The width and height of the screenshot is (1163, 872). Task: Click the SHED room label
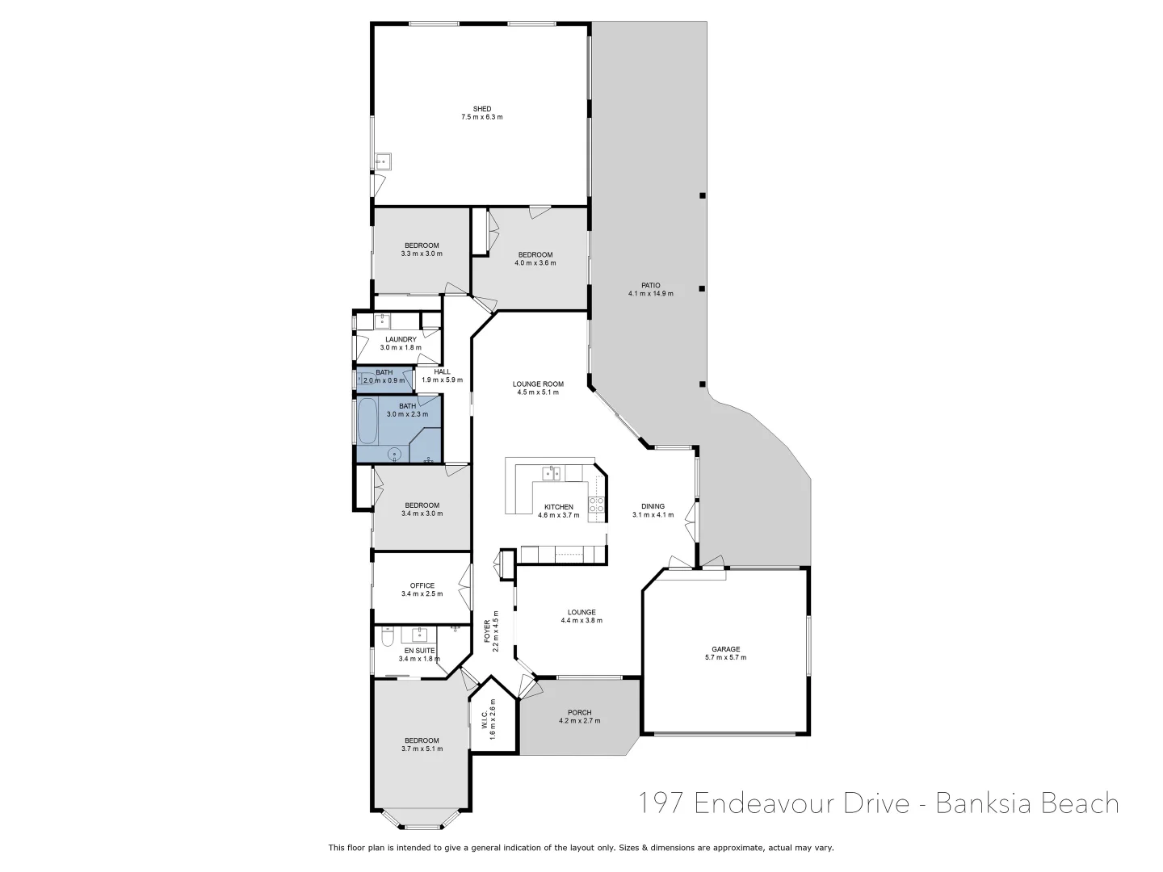pyautogui.click(x=481, y=109)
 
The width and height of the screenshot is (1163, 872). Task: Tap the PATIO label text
pyautogui.click(x=651, y=285)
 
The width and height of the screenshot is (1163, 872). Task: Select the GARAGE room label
pyautogui.click(x=725, y=649)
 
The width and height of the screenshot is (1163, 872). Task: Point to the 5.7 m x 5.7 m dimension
pyautogui.click(x=725, y=658)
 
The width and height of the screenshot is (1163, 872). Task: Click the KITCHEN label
pyautogui.click(x=558, y=507)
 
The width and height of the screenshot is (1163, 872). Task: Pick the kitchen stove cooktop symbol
pyautogui.click(x=598, y=505)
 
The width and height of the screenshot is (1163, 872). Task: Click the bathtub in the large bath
pyautogui.click(x=367, y=421)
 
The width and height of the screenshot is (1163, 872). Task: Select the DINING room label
pyautogui.click(x=653, y=506)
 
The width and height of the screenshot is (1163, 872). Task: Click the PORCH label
pyautogui.click(x=579, y=712)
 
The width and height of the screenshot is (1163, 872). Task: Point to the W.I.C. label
pyautogui.click(x=484, y=714)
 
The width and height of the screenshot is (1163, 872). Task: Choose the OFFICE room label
pyautogui.click(x=422, y=586)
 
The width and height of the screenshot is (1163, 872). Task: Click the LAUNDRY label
pyautogui.click(x=401, y=339)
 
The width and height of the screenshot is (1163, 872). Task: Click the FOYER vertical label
pyautogui.click(x=487, y=631)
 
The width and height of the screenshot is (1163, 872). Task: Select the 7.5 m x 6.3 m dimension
pyautogui.click(x=481, y=118)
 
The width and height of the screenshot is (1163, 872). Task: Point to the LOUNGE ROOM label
pyautogui.click(x=538, y=384)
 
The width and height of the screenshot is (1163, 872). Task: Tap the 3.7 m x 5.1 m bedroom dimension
pyautogui.click(x=422, y=749)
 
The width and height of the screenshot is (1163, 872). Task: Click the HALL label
pyautogui.click(x=441, y=371)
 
